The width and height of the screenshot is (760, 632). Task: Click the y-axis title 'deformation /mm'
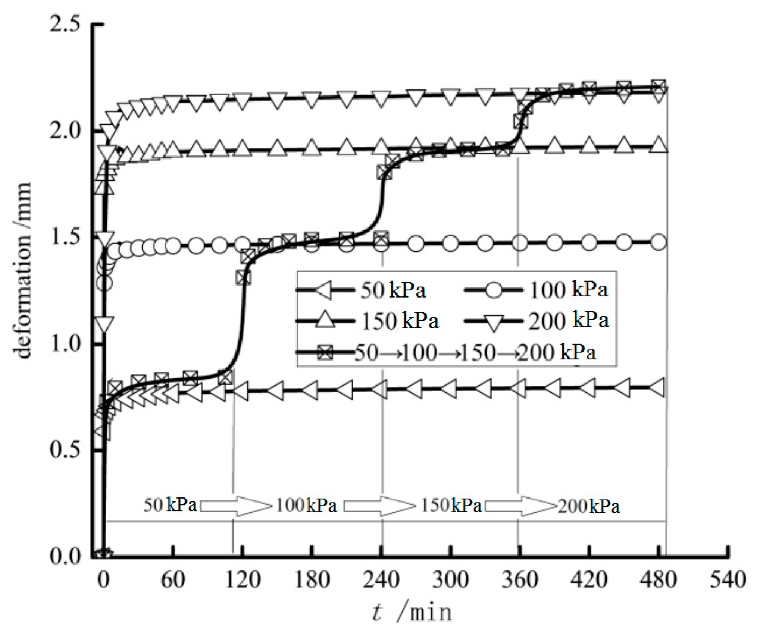pyautogui.click(x=23, y=270)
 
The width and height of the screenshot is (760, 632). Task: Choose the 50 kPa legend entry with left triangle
pyautogui.click(x=360, y=290)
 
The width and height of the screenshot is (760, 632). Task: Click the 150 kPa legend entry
pyautogui.click(x=367, y=321)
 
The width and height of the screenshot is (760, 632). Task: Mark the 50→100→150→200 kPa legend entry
pyautogui.click(x=446, y=352)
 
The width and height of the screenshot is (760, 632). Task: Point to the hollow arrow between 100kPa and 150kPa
pyautogui.click(x=379, y=506)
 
